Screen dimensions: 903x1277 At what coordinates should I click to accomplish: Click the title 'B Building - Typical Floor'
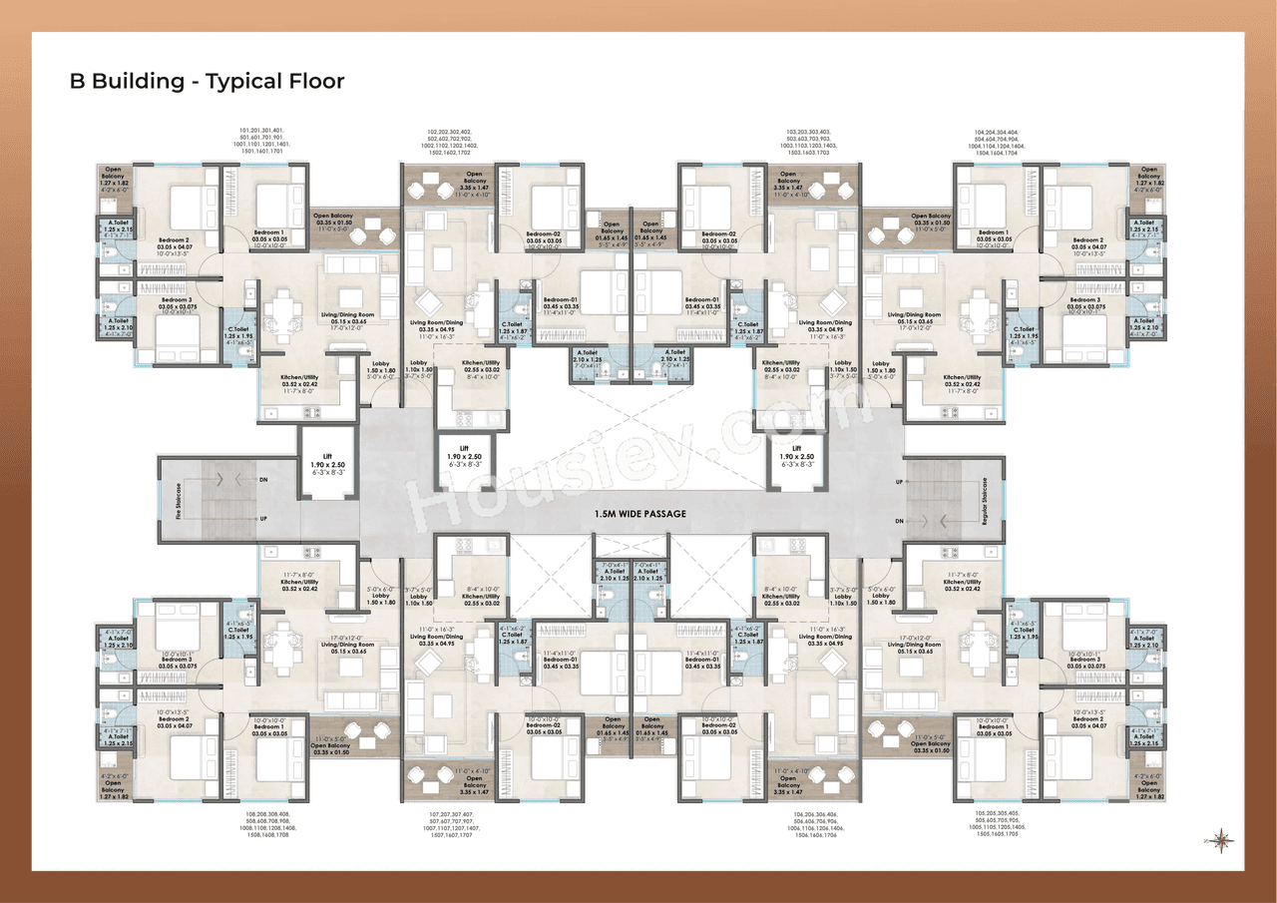click(x=207, y=82)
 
